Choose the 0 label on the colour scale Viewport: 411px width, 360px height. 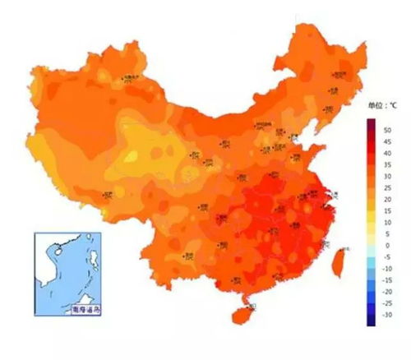386,245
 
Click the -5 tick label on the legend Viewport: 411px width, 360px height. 387,256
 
